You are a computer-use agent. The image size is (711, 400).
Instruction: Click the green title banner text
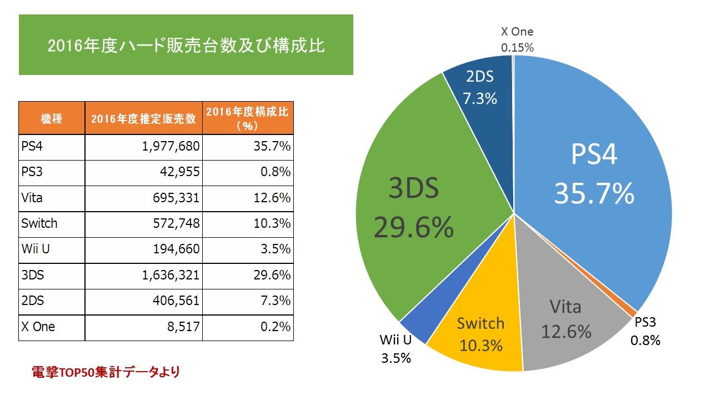(x=186, y=45)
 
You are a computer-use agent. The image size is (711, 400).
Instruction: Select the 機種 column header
(x=52, y=118)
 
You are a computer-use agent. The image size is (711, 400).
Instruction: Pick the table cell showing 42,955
(x=177, y=173)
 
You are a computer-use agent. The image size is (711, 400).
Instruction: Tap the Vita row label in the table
(x=32, y=198)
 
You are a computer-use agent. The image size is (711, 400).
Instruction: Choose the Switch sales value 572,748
(x=174, y=224)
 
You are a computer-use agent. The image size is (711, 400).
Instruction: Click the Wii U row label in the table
(x=36, y=249)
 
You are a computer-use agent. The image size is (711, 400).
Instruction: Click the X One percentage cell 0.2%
(x=276, y=327)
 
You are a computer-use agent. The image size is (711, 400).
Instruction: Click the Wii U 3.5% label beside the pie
(x=395, y=349)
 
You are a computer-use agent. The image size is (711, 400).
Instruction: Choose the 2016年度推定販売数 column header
(x=143, y=118)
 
